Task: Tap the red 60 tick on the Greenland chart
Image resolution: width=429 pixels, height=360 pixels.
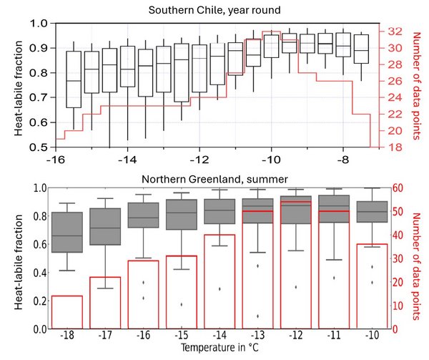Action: pyautogui.click(x=401, y=188)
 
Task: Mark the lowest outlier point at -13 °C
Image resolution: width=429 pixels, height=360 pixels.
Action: pyautogui.click(x=257, y=316)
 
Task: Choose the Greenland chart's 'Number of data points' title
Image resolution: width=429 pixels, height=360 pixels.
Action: pyautogui.click(x=418, y=258)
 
